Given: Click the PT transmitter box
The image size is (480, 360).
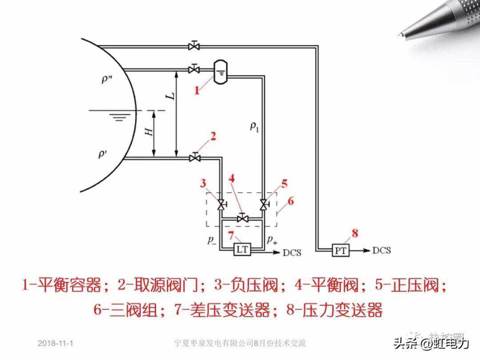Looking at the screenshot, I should (341, 251).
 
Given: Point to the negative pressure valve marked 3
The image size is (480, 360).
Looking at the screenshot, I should (220, 204).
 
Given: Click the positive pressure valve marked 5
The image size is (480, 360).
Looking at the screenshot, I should (264, 204).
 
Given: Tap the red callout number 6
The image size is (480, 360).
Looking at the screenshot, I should (291, 201).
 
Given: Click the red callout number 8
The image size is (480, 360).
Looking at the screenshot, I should (354, 232).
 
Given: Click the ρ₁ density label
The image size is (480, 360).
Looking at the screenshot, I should (254, 128).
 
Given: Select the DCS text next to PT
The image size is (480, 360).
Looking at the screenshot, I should (381, 251).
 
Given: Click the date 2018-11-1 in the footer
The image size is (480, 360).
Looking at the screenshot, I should (56, 344).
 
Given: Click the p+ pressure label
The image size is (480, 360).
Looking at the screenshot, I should (272, 240).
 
